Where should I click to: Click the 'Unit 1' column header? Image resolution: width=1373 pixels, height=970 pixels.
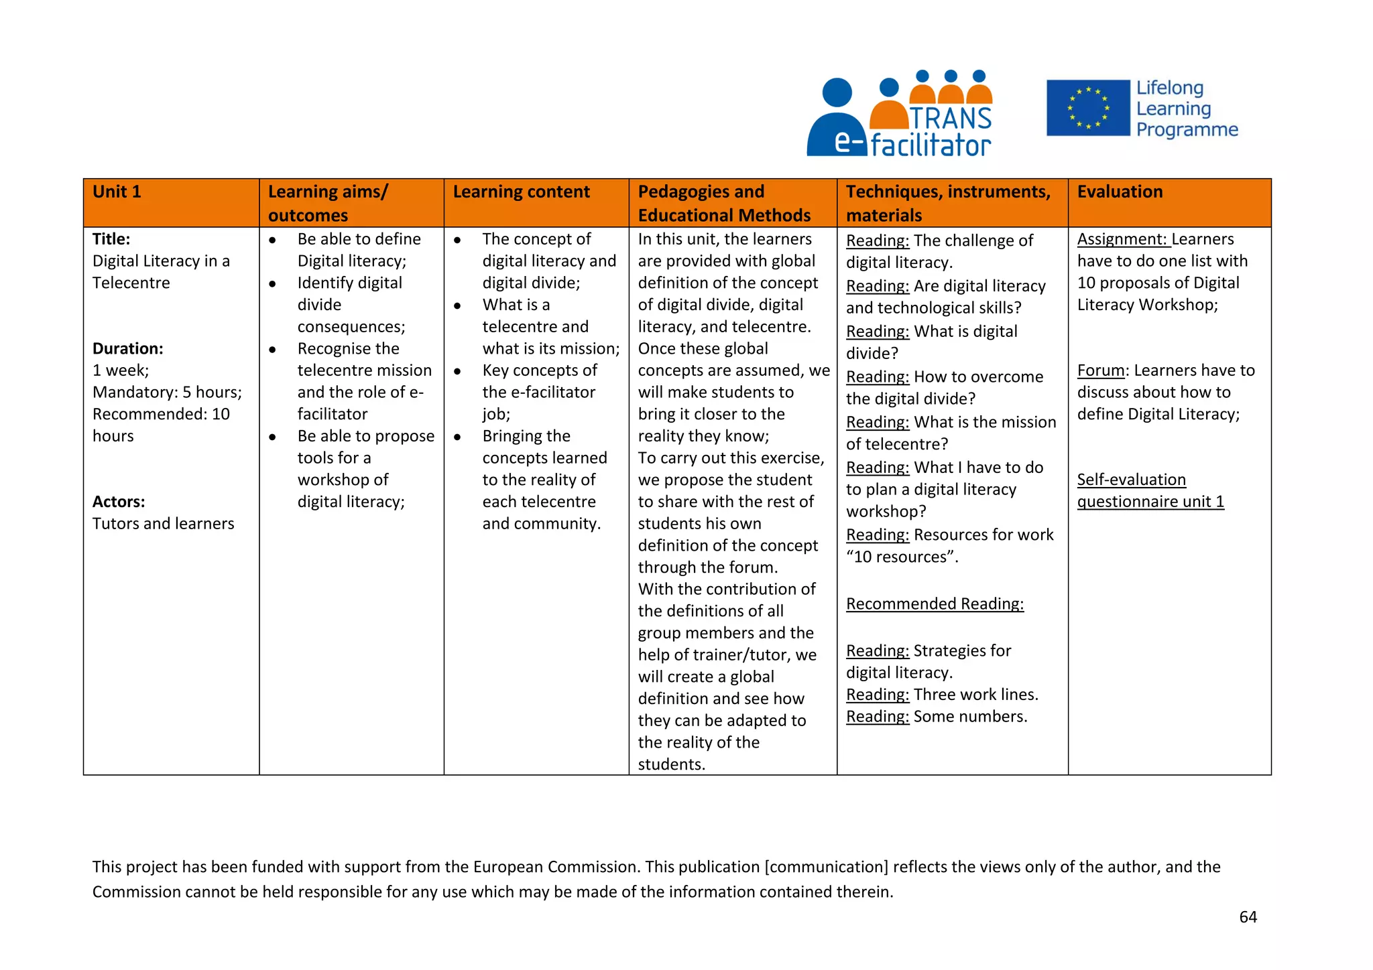point(117,192)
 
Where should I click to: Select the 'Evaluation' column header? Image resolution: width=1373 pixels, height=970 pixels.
point(1120,192)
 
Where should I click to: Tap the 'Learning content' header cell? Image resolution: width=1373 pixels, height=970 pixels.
point(521,192)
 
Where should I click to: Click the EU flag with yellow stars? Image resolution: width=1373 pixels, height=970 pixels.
point(1087,108)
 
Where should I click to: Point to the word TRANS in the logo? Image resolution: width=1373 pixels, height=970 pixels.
point(950,119)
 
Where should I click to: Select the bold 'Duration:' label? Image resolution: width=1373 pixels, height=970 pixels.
point(128,348)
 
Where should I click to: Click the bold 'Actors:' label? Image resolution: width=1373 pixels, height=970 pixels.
point(119,502)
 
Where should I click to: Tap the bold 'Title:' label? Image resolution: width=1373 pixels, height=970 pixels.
point(111,239)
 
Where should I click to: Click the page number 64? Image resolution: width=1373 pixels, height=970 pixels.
point(1248,917)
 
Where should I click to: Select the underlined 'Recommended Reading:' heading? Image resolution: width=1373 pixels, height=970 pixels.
point(935,604)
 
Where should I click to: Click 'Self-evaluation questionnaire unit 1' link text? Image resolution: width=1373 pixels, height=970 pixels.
point(1150,491)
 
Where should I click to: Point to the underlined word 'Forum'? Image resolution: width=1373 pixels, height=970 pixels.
point(1100,370)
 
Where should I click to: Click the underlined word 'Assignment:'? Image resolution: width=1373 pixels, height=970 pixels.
point(1122,239)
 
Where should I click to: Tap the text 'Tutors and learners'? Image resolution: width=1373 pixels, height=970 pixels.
point(164,524)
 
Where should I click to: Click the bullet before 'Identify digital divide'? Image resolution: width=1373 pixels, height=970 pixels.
point(273,284)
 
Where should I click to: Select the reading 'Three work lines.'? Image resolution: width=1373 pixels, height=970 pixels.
point(975,695)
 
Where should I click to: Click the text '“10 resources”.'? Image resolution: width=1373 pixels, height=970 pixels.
point(902,557)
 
